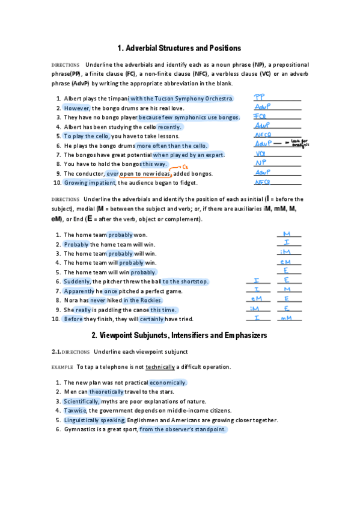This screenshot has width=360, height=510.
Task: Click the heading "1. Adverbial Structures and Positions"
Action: pos(180,48)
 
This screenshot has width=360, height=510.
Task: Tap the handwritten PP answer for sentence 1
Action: pos(260,96)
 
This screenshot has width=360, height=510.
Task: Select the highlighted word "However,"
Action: pos(76,108)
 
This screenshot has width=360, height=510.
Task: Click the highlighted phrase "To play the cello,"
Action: pos(86,137)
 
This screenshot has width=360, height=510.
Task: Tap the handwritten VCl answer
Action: pos(261,154)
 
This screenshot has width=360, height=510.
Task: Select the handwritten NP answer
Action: pos(260,163)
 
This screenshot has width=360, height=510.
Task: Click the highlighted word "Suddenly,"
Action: pos(78,281)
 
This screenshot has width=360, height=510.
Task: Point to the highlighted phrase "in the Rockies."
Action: pos(142,300)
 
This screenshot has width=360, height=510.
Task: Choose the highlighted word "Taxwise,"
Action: pos(76,410)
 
